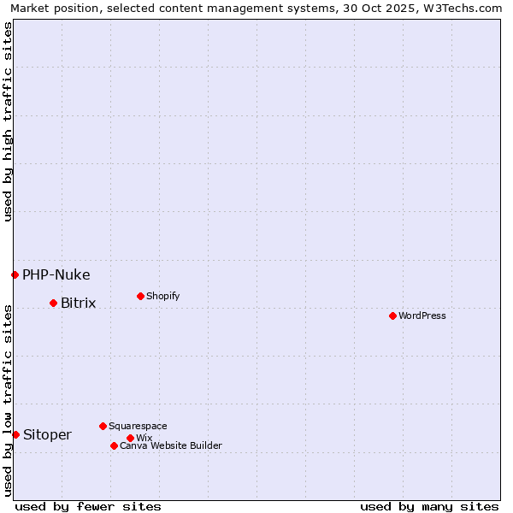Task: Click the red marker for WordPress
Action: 392,315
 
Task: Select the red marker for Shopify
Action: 140,296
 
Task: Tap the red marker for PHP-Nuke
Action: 15,274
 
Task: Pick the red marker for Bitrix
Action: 53,303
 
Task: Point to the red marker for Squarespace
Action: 103,426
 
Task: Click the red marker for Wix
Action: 130,438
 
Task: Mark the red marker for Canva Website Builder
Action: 114,445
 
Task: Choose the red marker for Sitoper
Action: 15,434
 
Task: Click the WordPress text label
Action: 422,315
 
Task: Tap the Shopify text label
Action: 163,296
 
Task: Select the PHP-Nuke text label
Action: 56,274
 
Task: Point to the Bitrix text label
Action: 79,303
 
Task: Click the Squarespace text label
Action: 139,426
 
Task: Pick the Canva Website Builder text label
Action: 171,445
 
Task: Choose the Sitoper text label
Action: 48,434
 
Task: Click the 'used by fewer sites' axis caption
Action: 88,506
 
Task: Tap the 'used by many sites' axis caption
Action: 429,506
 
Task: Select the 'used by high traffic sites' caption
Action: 9,121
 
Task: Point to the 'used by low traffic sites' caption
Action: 9,400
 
